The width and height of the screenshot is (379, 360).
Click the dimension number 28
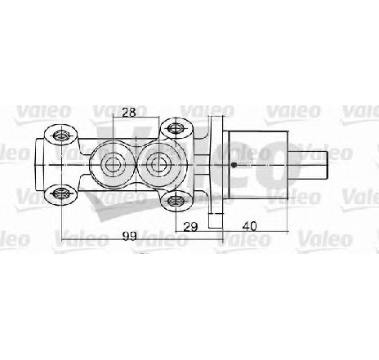pyautogui.click(x=129, y=112)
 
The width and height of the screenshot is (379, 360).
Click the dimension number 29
pyautogui.click(x=190, y=226)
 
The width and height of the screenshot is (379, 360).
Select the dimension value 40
pyautogui.click(x=249, y=226)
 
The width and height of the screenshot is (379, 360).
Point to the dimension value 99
pyautogui.click(x=129, y=236)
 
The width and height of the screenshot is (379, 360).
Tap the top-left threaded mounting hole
pyautogui.click(x=61, y=135)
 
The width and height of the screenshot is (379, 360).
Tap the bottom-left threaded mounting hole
pyautogui.click(x=61, y=193)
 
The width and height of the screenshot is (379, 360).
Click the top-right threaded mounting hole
pyautogui.click(x=177, y=128)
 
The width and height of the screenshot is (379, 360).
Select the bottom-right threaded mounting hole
pyautogui.click(x=176, y=201)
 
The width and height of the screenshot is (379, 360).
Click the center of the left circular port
pyautogui.click(x=113, y=165)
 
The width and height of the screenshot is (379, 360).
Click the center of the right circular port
pyautogui.click(x=158, y=165)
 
